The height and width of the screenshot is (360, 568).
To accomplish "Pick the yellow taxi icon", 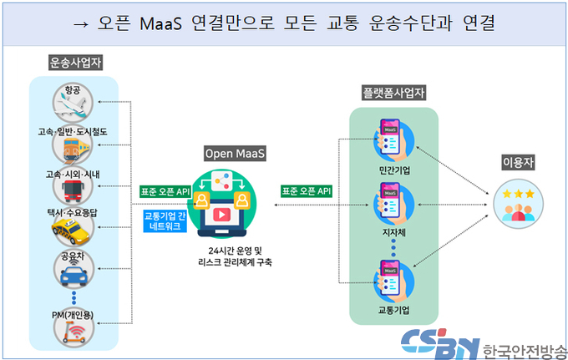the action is [x=71, y=231].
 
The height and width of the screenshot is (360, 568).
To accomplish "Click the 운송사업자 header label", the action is [x=76, y=63].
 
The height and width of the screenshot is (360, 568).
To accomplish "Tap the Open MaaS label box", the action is [x=235, y=154].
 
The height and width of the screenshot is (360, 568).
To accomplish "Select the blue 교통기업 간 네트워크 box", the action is [x=165, y=221].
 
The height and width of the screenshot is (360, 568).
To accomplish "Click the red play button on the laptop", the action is [x=221, y=215].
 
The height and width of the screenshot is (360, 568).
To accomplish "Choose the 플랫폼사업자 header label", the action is [x=393, y=93].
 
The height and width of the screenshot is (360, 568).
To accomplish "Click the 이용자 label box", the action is [x=519, y=162].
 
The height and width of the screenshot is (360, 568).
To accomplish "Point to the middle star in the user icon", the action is [x=519, y=194].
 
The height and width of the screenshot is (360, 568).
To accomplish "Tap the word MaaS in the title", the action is [x=160, y=23].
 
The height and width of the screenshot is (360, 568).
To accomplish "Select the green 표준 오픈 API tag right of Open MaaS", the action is [x=307, y=191].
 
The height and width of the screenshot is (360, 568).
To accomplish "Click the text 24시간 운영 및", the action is [x=235, y=251].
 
